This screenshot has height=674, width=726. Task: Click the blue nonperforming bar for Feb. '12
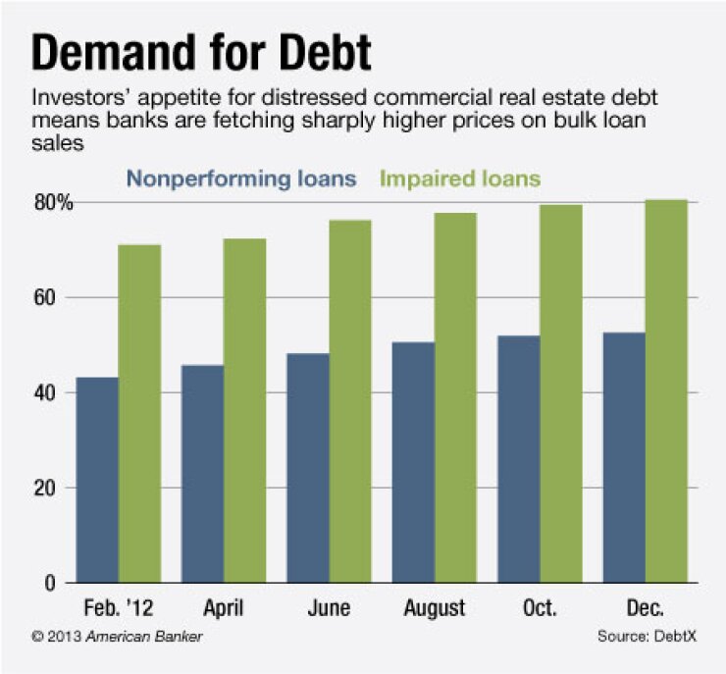(98, 481)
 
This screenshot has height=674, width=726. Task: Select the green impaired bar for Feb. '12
(140, 414)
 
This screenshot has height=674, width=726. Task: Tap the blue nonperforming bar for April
(202, 475)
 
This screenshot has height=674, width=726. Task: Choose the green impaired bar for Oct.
(561, 394)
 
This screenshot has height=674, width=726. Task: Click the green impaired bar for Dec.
(666, 391)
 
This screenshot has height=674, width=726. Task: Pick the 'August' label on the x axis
(434, 608)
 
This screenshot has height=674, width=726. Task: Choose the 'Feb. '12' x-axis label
(119, 608)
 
